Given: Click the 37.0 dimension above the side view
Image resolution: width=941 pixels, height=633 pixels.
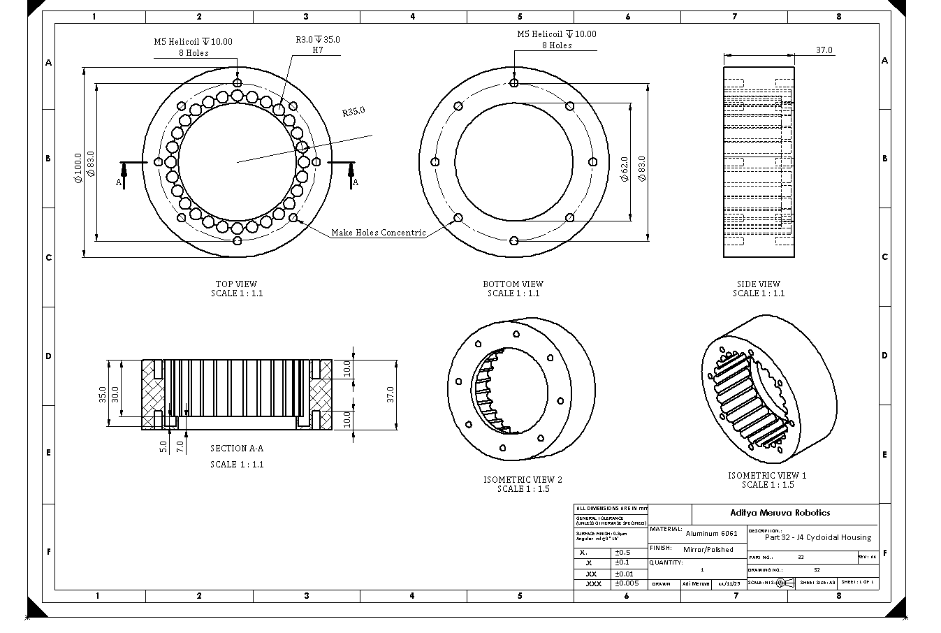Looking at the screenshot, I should [x=824, y=50].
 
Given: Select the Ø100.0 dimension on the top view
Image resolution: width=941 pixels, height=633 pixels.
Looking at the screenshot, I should [x=78, y=168].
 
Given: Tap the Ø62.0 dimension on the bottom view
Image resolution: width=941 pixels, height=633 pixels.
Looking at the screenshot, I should [x=624, y=168].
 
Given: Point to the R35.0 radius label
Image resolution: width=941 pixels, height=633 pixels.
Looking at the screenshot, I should [x=353, y=112].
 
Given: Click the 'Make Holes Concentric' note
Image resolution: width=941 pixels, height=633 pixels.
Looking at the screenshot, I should [x=378, y=233].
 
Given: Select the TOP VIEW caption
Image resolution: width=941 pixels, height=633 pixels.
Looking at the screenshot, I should [x=236, y=284].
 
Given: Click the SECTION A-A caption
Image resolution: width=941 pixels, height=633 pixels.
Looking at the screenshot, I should [x=237, y=449].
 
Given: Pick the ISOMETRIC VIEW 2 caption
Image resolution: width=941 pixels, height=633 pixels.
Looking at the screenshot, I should [x=523, y=480].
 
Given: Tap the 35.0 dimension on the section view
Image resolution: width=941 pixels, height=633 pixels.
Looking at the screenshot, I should [x=103, y=394].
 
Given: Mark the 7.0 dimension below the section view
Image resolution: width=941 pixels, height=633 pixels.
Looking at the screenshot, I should [x=180, y=446].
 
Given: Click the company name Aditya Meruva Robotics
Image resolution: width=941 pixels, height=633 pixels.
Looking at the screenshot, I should [x=780, y=513].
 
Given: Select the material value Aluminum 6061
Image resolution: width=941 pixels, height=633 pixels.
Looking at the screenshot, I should [x=711, y=533].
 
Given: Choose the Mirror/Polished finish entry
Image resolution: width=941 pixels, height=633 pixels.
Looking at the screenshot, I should [x=708, y=550].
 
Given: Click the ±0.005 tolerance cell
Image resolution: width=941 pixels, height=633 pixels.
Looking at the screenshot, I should [x=627, y=583].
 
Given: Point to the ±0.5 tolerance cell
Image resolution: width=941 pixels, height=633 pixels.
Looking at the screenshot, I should [x=622, y=553].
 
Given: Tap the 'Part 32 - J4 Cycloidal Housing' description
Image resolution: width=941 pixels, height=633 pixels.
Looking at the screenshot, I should [x=817, y=537].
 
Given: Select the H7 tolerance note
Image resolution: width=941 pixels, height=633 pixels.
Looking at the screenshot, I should [x=318, y=50].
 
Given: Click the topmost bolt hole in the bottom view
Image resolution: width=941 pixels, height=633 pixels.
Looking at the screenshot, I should [x=514, y=83].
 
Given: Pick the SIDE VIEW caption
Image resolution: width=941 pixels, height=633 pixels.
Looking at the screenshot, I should [x=758, y=284].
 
